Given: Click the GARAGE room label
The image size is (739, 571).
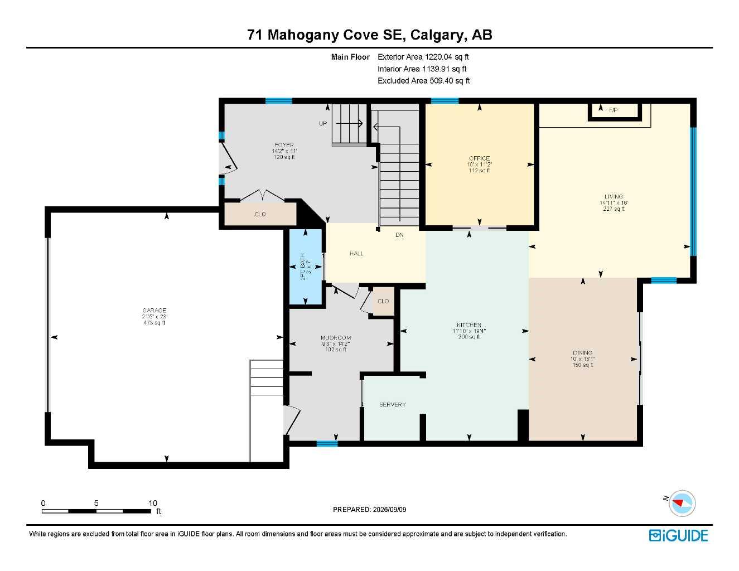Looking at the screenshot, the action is point(154,310).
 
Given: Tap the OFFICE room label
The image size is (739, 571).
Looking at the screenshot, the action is point(479,158).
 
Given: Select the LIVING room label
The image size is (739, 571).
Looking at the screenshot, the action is point(614,196).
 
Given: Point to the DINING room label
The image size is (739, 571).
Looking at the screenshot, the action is point(583,353).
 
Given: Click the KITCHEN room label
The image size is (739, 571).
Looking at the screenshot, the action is point(469,325).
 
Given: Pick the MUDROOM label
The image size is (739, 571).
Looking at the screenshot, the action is point(336,337).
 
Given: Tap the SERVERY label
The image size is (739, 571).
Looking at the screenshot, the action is point(393,404).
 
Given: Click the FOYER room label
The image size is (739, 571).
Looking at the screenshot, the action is point(284,145).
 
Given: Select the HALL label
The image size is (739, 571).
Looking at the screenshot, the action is point(356,253).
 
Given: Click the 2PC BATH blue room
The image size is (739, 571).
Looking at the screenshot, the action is point(306,267).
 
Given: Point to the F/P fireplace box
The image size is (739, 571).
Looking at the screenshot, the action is point(615,110).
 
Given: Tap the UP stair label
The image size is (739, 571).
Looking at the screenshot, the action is point(323,123).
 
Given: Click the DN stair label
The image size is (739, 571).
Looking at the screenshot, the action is point(399,235).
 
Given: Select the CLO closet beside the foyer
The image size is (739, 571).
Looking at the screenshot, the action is point(260,214).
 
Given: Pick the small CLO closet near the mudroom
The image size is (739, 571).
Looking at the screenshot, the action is point(383,301).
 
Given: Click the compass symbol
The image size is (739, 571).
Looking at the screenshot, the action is point(682,504).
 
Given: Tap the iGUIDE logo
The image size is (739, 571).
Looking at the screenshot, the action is point(678,536).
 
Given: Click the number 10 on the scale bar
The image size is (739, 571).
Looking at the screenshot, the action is point(153,503).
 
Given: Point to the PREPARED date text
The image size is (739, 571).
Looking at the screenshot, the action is point(369,510).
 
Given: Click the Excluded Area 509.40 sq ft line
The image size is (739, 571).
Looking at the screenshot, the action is point(423,80).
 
